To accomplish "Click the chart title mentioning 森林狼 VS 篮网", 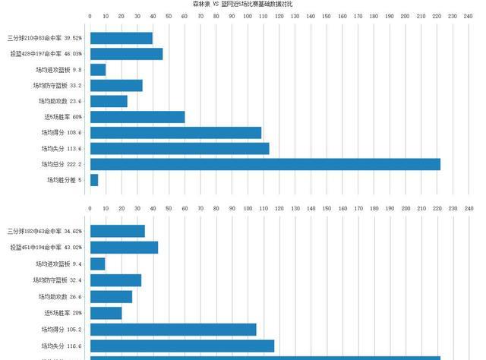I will coord(243,5).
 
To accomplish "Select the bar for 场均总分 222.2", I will coord(265,164).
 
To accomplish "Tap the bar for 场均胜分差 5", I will coord(94,180).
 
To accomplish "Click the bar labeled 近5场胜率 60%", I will coord(137,117).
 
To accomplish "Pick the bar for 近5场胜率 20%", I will coord(106,313).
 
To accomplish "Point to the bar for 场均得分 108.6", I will coord(175,133).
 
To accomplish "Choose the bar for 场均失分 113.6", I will coord(179,149).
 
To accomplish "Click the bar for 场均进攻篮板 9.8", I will coord(98,70).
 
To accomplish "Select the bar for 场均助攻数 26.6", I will coord(111,297).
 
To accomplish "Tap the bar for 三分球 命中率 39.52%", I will coord(121,38).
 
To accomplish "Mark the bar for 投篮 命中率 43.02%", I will coord(124,248).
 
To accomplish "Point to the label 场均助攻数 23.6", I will coord(60,101).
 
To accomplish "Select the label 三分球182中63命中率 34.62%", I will coord(45,231).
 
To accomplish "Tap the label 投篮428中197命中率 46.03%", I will coord(46,54).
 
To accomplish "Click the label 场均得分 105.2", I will coord(62,330).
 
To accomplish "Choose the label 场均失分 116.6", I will coord(62,346).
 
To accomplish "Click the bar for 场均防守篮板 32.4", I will coord(115,280).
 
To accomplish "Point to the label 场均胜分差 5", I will coord(65,180).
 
